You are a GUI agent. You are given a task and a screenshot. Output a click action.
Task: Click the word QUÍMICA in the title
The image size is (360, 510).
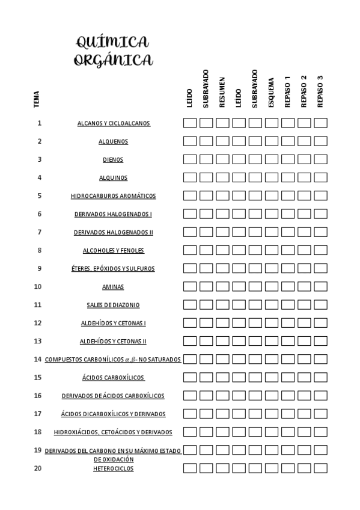pos(112,42)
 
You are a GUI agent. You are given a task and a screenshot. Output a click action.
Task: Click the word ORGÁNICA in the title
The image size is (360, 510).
pos(113,60)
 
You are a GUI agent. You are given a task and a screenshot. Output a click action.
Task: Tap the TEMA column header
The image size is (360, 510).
pos(37,99)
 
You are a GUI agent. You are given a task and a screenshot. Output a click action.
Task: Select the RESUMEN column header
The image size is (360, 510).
pos(222,92)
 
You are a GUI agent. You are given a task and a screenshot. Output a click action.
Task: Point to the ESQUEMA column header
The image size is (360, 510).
pos(271,93)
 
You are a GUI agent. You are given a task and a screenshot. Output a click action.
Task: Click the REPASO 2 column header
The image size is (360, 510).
pos(304,91)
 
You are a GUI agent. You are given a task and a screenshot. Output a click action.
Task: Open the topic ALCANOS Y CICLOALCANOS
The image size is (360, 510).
pos(114,123)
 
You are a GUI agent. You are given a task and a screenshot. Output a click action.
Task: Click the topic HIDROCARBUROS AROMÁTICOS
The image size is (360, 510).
pos(113,196)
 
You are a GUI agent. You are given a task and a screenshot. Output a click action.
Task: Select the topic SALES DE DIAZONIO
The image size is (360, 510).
pos(113,305)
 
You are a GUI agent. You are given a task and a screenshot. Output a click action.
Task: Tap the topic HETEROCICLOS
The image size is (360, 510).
pos(113,469)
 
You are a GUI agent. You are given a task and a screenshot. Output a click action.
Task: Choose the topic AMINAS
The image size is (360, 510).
pos(113,287)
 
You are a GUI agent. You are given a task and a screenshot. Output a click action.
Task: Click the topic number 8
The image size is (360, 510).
pos(39,250)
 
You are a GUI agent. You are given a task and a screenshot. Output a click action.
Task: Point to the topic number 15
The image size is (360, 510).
pos(38,378)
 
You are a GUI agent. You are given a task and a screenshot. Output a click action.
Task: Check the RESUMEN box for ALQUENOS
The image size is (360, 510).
pos(222,141)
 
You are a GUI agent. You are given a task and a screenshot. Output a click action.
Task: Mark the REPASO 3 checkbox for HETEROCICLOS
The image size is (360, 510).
pos(320,468)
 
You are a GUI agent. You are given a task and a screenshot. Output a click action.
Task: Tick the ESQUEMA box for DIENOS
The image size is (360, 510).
pos(272,159)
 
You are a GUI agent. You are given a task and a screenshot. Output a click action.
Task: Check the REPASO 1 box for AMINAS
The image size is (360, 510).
pos(288,287)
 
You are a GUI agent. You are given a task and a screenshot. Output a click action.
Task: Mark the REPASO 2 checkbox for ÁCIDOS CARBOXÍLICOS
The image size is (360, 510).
pos(304,378)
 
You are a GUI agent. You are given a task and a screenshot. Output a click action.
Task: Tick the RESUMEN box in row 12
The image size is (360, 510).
pos(222,323)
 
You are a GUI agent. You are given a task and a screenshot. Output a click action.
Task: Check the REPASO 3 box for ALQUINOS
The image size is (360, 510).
pos(320,177)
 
